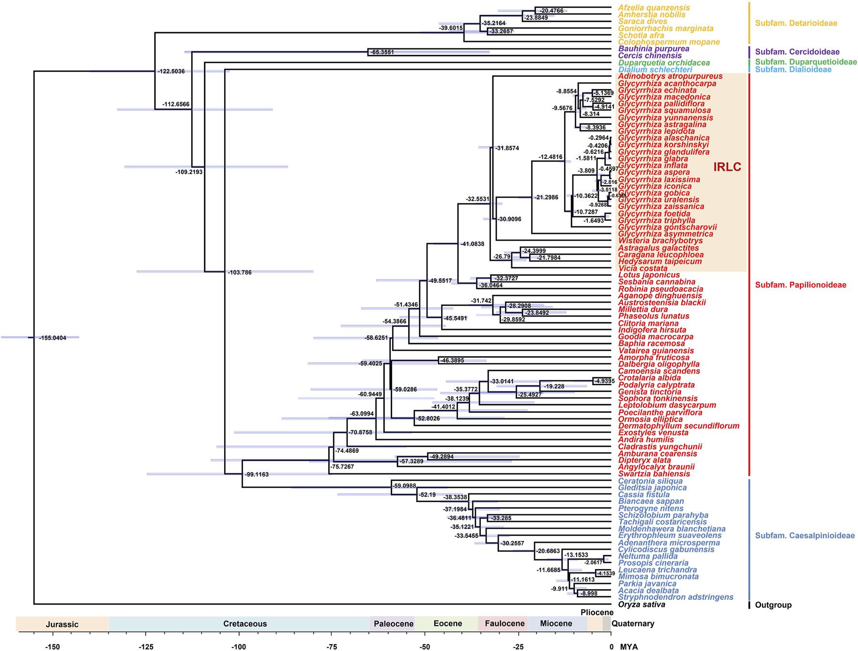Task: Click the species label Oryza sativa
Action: tap(642, 605)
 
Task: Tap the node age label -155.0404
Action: tap(53, 338)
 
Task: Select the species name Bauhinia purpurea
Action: tap(654, 49)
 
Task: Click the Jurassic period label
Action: tap(62, 624)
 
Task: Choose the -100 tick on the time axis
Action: tap(238, 647)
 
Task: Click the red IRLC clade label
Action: tap(727, 167)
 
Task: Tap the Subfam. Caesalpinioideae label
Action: tap(805, 536)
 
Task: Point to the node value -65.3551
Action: tap(382, 52)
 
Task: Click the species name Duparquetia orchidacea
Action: tap(664, 63)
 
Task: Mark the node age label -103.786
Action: tap(240, 273)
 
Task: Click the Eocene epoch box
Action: tap(447, 623)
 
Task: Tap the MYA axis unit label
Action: tap(628, 647)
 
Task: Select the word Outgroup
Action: tap(773, 605)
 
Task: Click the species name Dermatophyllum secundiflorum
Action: tap(678, 426)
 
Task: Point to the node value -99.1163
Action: tap(257, 475)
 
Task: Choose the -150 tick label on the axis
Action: tap(52, 647)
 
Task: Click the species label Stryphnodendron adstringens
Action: tap(675, 597)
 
